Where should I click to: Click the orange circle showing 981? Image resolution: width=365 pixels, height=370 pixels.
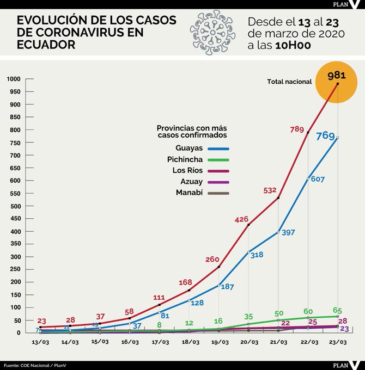point(337,81)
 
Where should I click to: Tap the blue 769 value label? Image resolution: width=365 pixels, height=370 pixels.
point(325,136)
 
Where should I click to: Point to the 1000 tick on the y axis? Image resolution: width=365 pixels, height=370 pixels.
point(14,79)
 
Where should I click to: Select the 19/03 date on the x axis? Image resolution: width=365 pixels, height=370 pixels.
point(219,342)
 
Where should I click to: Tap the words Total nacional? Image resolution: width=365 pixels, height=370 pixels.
point(289,82)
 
